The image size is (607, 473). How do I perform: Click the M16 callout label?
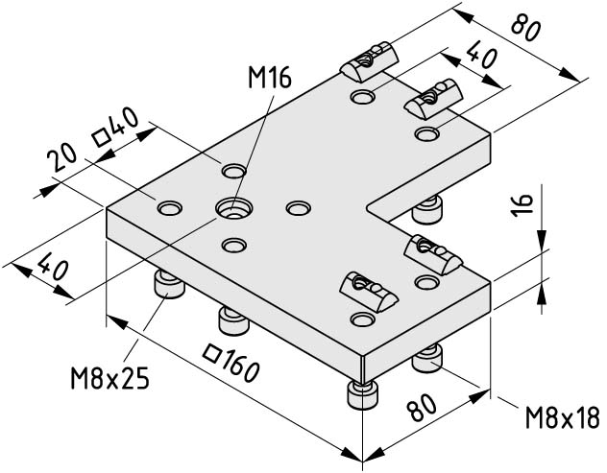(270, 79)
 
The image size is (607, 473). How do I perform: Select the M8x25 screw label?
(109, 378)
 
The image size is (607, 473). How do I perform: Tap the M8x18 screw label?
(563, 417)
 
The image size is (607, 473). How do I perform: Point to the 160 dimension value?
(241, 366)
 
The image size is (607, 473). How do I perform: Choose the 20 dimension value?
(61, 159)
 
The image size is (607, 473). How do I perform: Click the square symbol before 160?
(212, 353)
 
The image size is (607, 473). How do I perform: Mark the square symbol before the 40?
(102, 138)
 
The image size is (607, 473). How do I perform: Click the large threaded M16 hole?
(234, 209)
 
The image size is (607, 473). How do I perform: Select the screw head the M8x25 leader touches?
(170, 285)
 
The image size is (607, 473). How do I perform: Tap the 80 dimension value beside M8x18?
(423, 407)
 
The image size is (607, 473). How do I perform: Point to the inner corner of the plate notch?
(367, 207)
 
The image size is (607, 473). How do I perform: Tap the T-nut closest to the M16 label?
(370, 61)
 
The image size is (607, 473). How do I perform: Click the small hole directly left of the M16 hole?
(170, 208)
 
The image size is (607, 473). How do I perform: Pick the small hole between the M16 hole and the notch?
(298, 208)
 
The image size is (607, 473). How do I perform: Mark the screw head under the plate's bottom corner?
(363, 394)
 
